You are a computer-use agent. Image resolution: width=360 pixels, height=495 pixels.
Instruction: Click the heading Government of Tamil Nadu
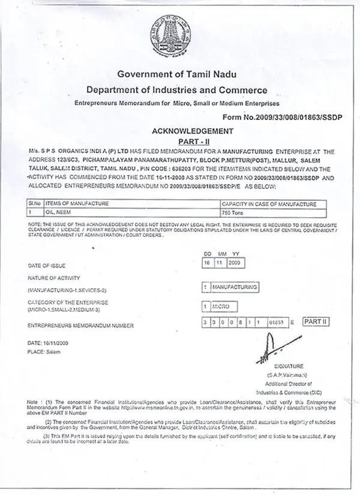[x=177, y=74]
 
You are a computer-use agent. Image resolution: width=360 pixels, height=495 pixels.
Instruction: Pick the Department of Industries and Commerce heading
[x=176, y=90]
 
